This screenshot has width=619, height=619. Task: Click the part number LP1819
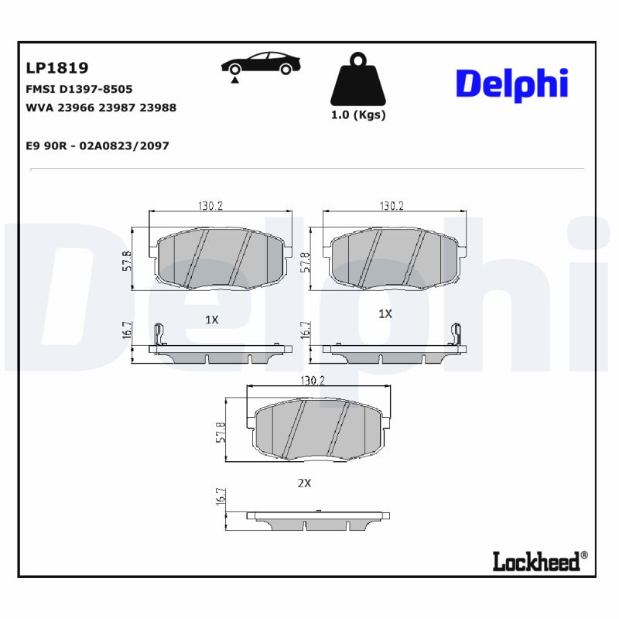pyautogui.click(x=57, y=68)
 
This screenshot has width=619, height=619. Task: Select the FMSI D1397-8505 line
pyautogui.click(x=79, y=89)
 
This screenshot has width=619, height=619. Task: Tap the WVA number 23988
pyautogui.click(x=158, y=108)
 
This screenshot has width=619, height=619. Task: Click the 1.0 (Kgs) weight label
pyautogui.click(x=357, y=115)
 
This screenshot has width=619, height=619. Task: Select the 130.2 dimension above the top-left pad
pyautogui.click(x=210, y=206)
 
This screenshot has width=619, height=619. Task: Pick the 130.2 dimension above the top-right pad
pyautogui.click(x=392, y=206)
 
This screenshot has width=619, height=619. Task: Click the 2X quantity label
pyautogui.click(x=304, y=483)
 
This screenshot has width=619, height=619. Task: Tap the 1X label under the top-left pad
pyautogui.click(x=212, y=319)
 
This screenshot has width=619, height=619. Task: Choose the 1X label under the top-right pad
pyautogui.click(x=385, y=314)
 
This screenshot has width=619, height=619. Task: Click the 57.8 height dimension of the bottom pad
pyautogui.click(x=221, y=433)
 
